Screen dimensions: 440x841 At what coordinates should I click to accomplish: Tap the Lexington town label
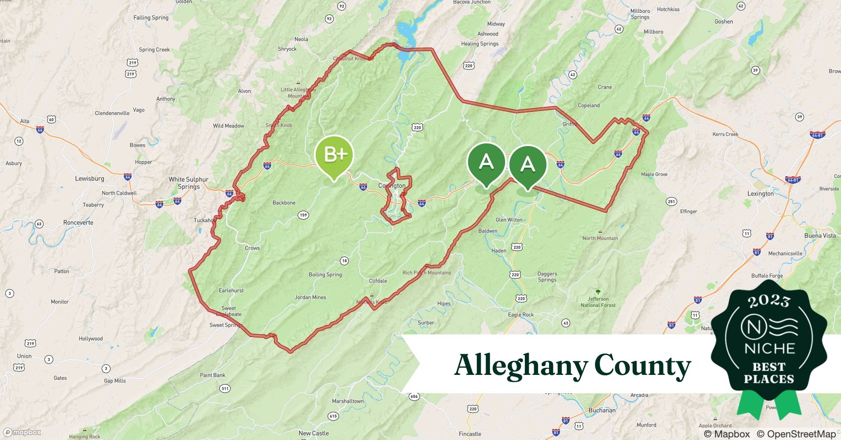coord(760,194)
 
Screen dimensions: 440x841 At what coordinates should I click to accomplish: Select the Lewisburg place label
coord(89,179)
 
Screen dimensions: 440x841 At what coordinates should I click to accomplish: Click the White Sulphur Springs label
coord(188,183)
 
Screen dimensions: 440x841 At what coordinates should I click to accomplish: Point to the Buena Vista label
coord(820,236)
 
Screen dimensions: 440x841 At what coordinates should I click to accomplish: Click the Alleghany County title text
coord(572,365)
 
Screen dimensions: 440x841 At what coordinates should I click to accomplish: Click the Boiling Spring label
coord(325,275)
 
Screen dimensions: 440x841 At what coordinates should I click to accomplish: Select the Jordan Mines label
coord(310,297)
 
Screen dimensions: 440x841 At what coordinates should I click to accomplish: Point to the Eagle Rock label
coord(520,315)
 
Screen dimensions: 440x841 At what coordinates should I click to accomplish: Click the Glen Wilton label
coord(509,220)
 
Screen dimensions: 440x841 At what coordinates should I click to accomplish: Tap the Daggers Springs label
coord(547,277)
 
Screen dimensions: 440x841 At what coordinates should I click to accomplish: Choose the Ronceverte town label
coord(78,223)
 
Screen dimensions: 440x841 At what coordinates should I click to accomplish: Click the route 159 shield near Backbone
coord(303,215)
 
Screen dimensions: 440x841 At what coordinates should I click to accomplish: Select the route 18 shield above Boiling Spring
coord(344,261)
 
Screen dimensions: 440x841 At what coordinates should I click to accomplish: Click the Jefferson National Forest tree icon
coord(598,292)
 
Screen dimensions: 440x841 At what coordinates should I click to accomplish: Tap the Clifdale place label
coord(378,281)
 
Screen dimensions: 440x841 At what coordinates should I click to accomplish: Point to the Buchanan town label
coord(602,411)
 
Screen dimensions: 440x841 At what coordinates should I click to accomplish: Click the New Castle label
coord(314,433)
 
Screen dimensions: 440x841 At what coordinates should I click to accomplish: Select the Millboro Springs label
coord(640,14)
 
